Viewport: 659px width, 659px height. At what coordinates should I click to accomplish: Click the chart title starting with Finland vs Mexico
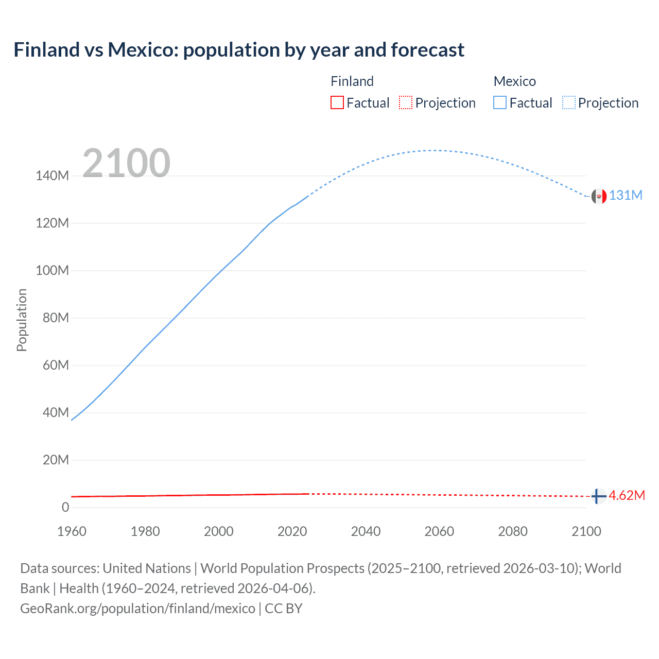pyautogui.click(x=239, y=50)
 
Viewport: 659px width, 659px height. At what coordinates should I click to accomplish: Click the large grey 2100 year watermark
pyautogui.click(x=126, y=163)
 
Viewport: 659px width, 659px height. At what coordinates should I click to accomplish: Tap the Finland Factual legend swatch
pyautogui.click(x=337, y=102)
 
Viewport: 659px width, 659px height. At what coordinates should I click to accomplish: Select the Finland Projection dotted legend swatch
pyautogui.click(x=406, y=102)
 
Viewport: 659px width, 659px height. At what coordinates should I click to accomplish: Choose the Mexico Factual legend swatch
pyautogui.click(x=499, y=102)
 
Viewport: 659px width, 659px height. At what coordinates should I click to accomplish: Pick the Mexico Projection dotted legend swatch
pyautogui.click(x=568, y=102)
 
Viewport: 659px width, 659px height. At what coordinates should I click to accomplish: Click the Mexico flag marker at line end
pyautogui.click(x=598, y=196)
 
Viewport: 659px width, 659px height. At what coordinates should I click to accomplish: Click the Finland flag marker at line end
pyautogui.click(x=598, y=496)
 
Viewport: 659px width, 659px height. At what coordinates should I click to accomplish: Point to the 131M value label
pyautogui.click(x=626, y=196)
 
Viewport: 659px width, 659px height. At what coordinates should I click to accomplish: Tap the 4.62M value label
pyautogui.click(x=627, y=495)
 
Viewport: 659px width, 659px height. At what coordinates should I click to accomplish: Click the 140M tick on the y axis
pyautogui.click(x=52, y=176)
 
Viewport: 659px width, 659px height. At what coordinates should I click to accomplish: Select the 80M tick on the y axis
pyautogui.click(x=56, y=318)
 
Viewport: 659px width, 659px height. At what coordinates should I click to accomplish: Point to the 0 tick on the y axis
pyautogui.click(x=65, y=507)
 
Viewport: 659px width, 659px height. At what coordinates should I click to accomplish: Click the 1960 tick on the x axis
pyautogui.click(x=72, y=531)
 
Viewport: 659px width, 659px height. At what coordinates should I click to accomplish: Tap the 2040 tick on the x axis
pyautogui.click(x=366, y=531)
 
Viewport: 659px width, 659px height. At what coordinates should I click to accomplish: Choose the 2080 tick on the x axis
pyautogui.click(x=513, y=531)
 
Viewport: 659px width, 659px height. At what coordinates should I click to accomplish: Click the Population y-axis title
pyautogui.click(x=22, y=320)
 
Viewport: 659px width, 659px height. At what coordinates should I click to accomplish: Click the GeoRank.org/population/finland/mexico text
pyautogui.click(x=137, y=609)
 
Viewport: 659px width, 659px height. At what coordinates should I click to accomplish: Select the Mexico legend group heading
pyautogui.click(x=514, y=81)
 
